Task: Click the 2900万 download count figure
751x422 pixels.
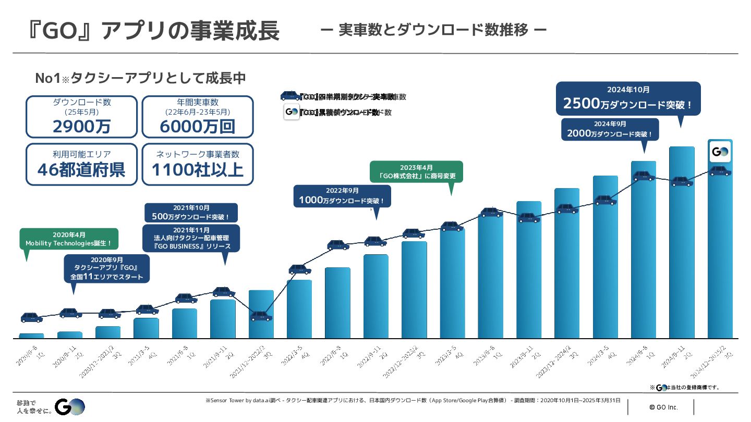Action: (81, 126)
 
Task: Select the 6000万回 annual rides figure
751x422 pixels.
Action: (197, 126)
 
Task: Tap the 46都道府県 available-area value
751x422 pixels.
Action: (81, 169)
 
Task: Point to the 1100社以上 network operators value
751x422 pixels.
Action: (197, 169)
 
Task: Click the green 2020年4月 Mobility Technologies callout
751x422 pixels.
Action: (69, 239)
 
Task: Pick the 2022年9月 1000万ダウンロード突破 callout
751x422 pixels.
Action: (342, 196)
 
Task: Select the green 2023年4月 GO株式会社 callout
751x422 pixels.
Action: (416, 172)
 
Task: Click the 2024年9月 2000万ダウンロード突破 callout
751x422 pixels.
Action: (610, 129)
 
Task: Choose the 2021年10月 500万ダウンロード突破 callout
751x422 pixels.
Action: (191, 213)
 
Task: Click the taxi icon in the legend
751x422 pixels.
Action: (290, 96)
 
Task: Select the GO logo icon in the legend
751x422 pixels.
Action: (292, 112)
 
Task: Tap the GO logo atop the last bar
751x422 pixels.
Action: (720, 152)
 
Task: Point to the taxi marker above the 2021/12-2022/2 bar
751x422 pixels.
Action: (261, 316)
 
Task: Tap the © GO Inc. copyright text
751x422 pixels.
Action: (663, 406)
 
